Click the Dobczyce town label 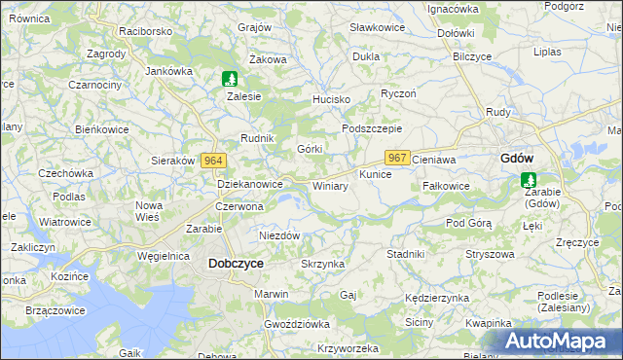click(x=236, y=263)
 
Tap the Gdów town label click(x=515, y=158)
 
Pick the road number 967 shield click(x=397, y=158)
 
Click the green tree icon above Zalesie click(x=229, y=79)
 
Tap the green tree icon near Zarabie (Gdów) click(x=529, y=179)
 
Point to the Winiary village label click(x=330, y=185)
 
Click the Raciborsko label click(x=146, y=31)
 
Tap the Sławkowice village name click(x=376, y=28)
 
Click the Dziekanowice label click(x=249, y=183)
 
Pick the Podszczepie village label click(x=372, y=128)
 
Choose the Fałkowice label click(x=447, y=185)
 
